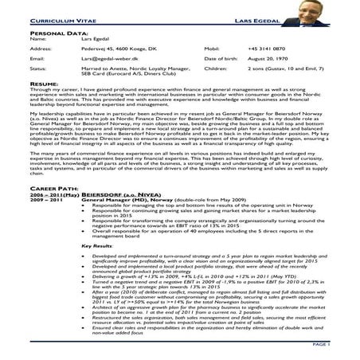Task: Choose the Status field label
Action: [37, 68]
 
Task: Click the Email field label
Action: [37, 58]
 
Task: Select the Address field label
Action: [40, 48]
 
